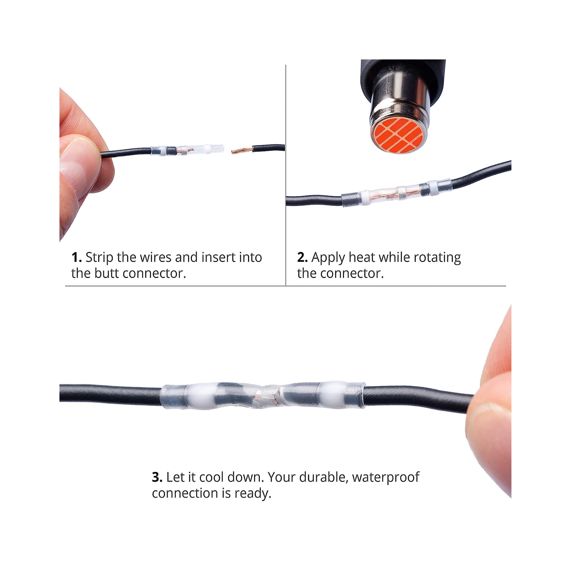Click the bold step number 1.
76,257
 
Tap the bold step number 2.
302,257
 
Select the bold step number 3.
157,477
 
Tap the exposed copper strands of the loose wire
242,150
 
